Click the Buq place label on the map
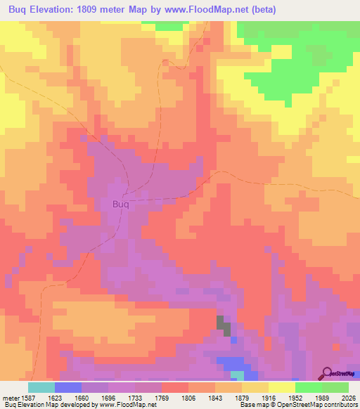coord(120,204)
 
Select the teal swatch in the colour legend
coord(41,387)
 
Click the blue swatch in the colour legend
coord(67,387)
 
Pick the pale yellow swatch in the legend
coord(281,387)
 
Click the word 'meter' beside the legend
coord(12,398)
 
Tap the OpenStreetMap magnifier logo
coord(326,373)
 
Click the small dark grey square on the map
coord(223,325)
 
